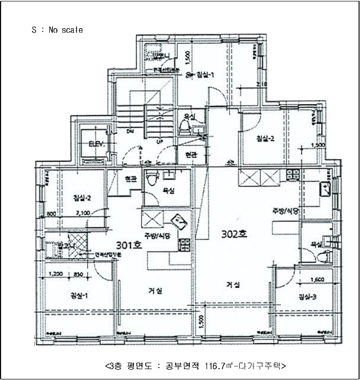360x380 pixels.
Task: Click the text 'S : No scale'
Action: point(57,30)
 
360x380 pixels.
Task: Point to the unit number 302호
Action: point(234,235)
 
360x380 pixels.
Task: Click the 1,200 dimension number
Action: point(56,274)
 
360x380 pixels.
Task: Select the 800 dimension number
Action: point(52,213)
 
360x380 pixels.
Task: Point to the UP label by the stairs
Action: point(159,142)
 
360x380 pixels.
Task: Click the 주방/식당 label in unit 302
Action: point(286,211)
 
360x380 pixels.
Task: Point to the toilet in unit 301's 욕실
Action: point(153,176)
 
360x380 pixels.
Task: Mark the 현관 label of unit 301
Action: point(131,179)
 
